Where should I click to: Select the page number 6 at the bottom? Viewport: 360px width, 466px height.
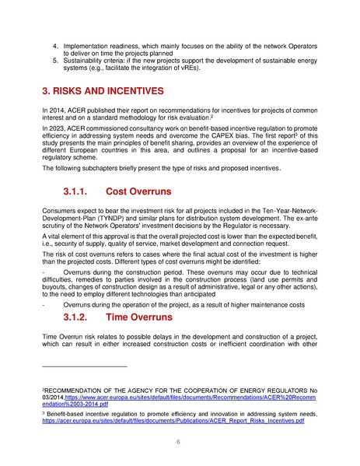[180, 441]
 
